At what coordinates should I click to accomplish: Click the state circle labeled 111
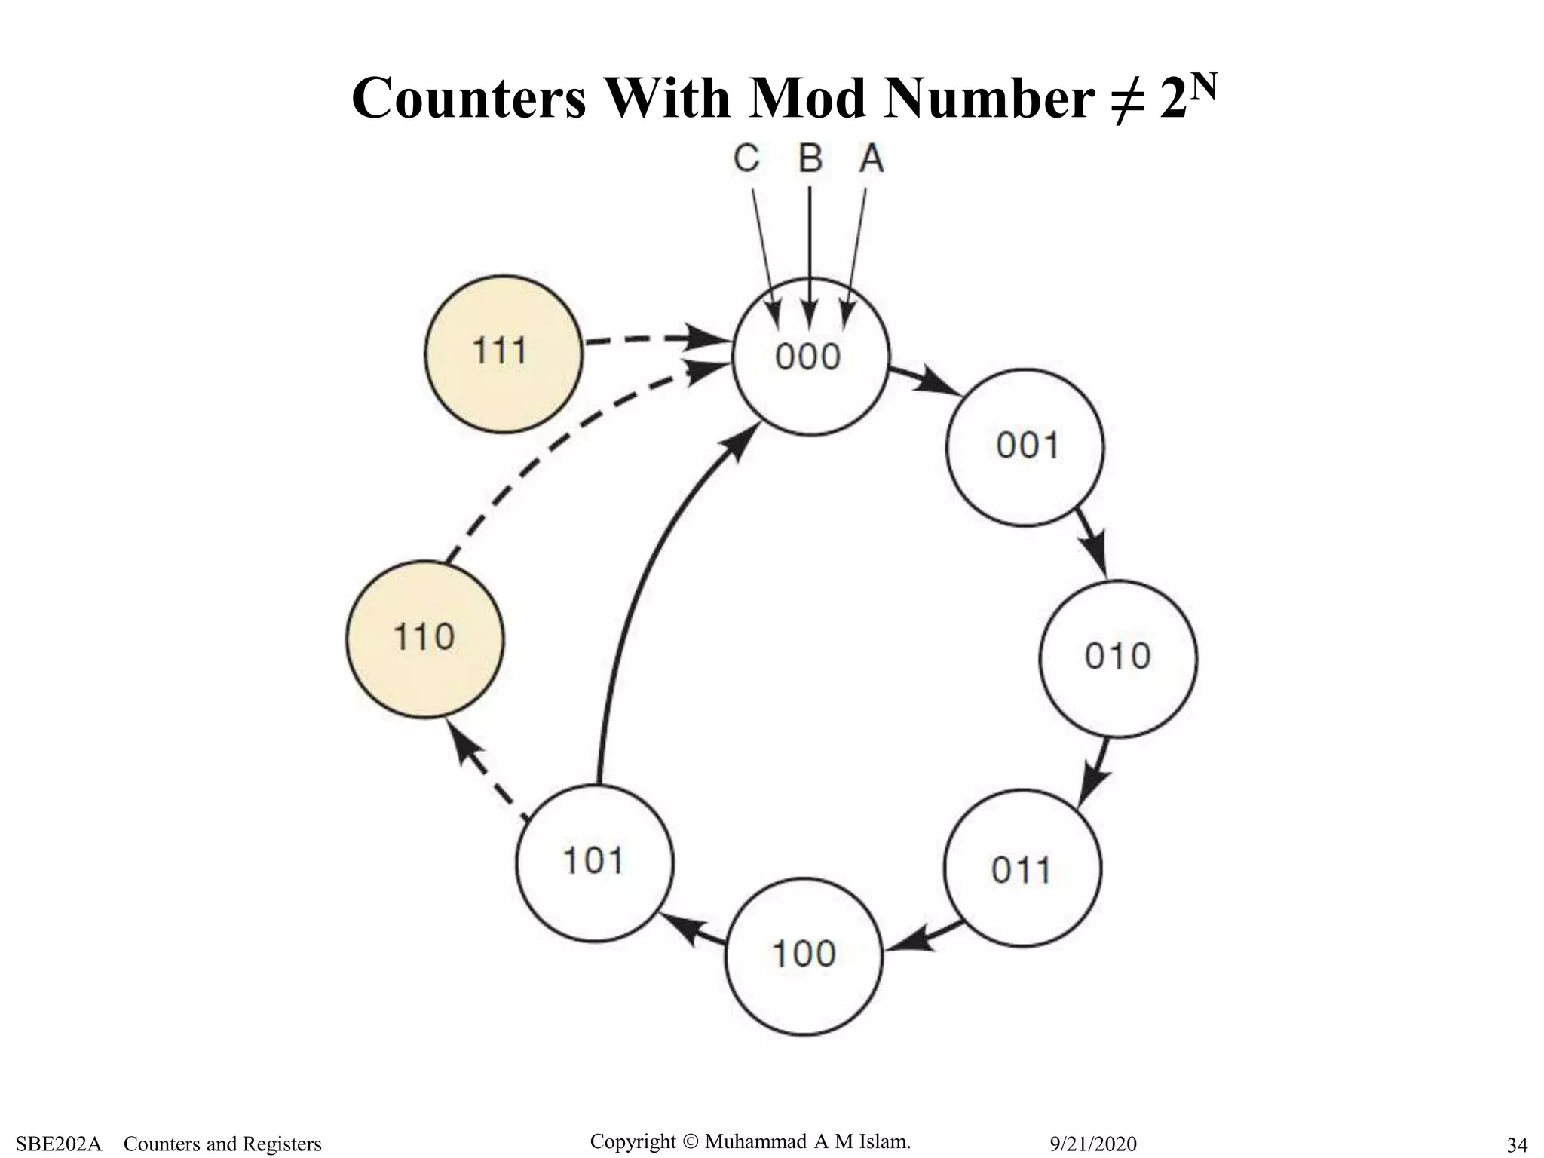pos(504,354)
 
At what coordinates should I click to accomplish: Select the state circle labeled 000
pos(810,357)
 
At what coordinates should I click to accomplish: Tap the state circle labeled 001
pos(1025,446)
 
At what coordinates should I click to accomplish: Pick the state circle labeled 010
pos(1118,657)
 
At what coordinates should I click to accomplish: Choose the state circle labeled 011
pos(1022,868)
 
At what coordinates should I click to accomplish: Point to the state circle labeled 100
pos(804,956)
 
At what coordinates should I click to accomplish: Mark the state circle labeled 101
pos(595,862)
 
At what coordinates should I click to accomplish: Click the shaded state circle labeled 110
pos(425,639)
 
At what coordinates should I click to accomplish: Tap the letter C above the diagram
pos(746,159)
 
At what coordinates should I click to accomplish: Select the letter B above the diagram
pos(810,159)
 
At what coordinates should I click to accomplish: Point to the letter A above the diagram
pos(872,159)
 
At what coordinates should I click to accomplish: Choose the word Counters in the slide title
pos(467,99)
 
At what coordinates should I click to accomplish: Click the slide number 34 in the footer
pos(1516,1145)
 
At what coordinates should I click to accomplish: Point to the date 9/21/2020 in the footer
pos(1093,1144)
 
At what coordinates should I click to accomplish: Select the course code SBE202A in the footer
pos(59,1144)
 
